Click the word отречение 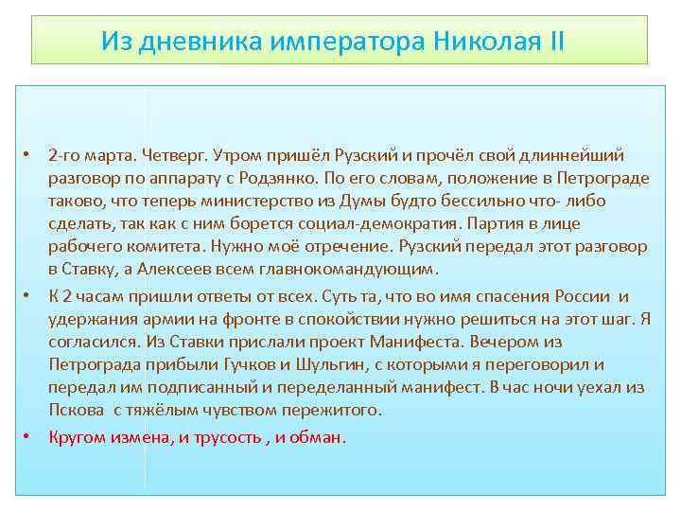[351, 247]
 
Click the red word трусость [220, 437]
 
